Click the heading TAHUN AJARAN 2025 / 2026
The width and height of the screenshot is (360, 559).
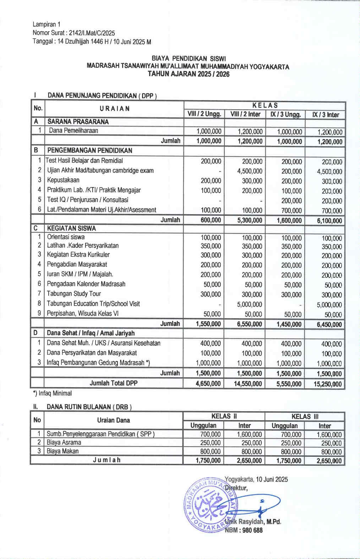point(189,74)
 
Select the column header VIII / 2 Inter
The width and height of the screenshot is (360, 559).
point(245,114)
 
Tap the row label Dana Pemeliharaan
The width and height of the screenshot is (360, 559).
point(73,131)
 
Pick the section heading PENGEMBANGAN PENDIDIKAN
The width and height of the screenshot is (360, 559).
point(90,150)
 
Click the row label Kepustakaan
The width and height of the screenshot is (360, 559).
point(63,180)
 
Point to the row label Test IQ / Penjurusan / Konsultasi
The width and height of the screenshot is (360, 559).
point(88,200)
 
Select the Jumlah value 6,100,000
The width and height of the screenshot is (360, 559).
point(329,221)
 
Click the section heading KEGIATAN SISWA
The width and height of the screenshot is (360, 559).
point(72,228)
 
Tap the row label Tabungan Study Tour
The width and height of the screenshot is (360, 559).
point(74,294)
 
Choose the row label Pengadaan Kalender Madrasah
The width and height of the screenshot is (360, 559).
point(86,284)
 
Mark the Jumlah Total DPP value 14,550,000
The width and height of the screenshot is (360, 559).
point(248,384)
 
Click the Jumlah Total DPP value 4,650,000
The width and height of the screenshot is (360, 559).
point(208,384)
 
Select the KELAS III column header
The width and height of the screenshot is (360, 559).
point(305,416)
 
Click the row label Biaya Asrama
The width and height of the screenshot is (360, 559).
point(64,443)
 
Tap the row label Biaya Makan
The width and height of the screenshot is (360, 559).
point(63,451)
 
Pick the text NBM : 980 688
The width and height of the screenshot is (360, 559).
point(244,530)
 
